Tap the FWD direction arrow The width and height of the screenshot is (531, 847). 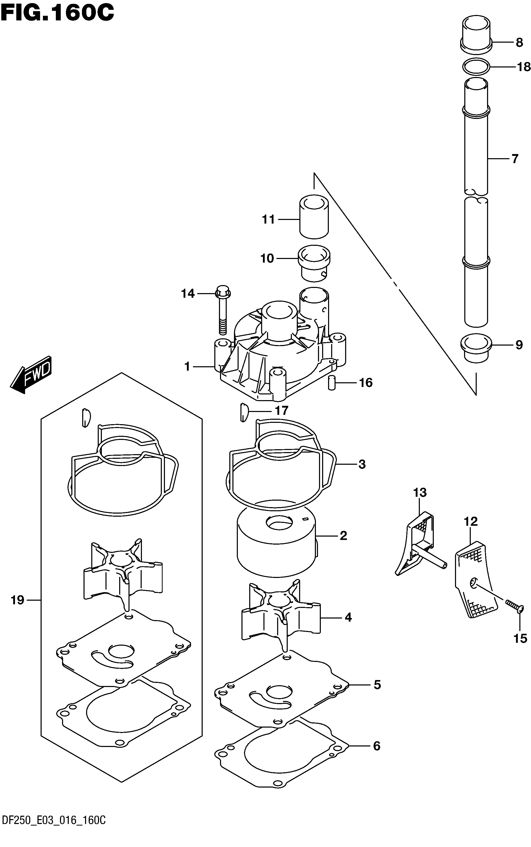(31, 375)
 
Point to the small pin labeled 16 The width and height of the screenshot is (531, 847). (330, 382)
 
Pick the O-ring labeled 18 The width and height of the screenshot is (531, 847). (476, 67)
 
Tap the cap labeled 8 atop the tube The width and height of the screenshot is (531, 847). (476, 34)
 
